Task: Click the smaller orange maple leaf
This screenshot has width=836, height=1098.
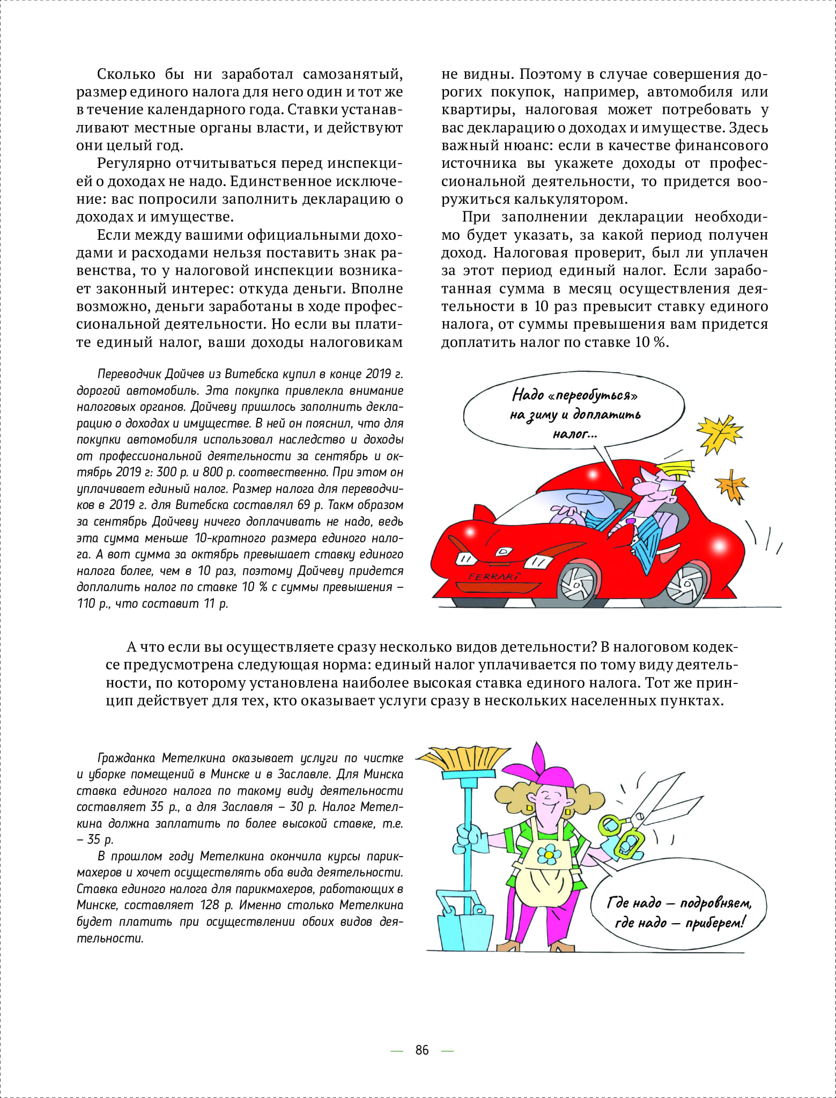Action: (x=731, y=484)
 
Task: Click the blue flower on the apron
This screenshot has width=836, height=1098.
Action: (x=548, y=851)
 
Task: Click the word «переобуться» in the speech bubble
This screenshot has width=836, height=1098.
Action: (x=593, y=395)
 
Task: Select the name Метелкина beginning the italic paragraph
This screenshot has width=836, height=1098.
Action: (x=194, y=757)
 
